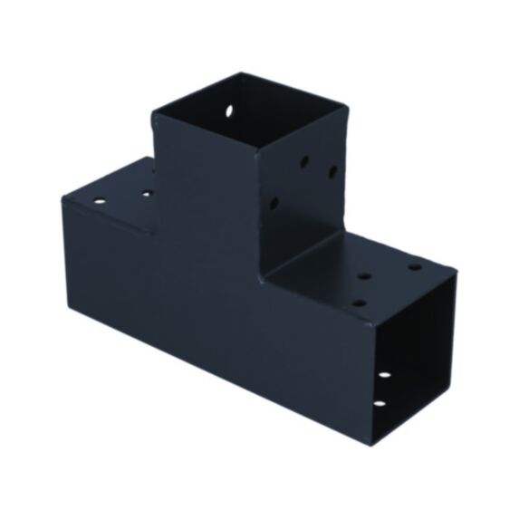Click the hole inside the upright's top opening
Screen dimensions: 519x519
point(228,113)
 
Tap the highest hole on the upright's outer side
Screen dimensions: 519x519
point(304,163)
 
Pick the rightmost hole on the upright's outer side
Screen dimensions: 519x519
point(332,171)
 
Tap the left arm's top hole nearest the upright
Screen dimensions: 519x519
point(145,193)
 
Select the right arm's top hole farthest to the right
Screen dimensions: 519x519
point(415,267)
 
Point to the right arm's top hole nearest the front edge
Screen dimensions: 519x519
point(360,303)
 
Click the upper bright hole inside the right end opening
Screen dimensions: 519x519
point(384,374)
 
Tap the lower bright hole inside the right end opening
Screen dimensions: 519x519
point(378,403)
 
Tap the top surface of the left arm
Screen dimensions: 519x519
point(118,195)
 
